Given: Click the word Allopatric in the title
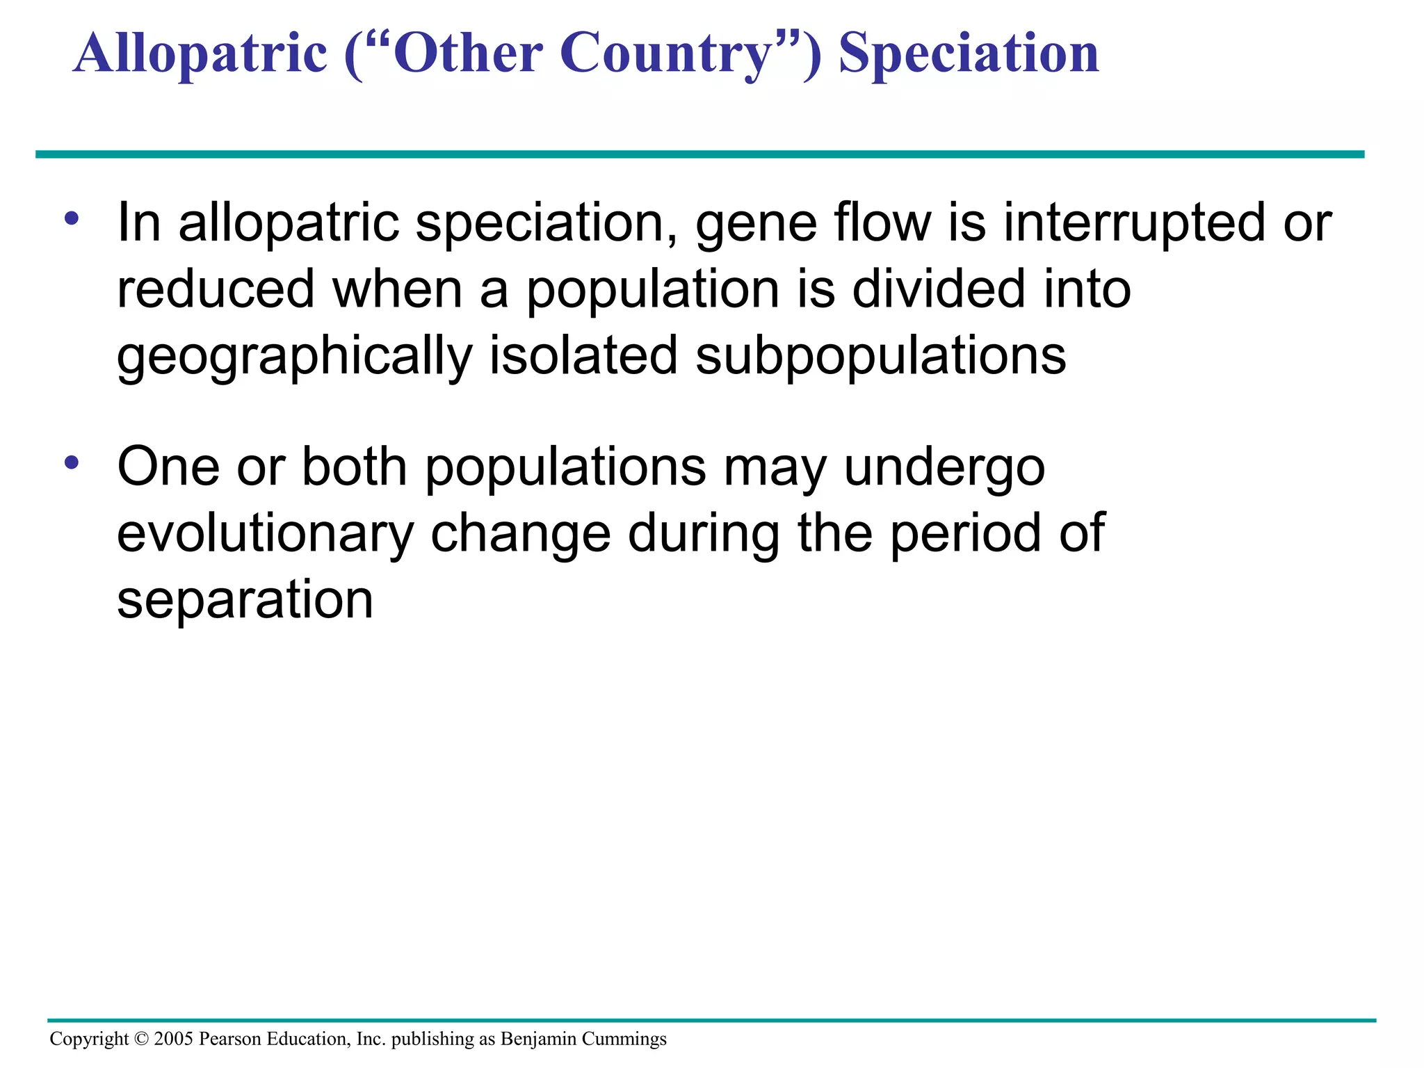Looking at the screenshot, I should click(x=200, y=54).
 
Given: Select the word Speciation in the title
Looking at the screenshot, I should click(x=969, y=54).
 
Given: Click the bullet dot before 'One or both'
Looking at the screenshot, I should click(x=72, y=462).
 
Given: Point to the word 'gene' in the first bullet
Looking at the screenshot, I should click(x=756, y=224).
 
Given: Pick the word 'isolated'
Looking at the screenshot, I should click(x=583, y=356).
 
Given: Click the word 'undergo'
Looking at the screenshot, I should click(x=944, y=469).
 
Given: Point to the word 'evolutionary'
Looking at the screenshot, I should click(x=266, y=535).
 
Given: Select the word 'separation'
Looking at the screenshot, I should click(x=245, y=601).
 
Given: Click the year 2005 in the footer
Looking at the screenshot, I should click(x=173, y=1039).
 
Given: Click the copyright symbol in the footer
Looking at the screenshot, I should click(x=141, y=1039).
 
